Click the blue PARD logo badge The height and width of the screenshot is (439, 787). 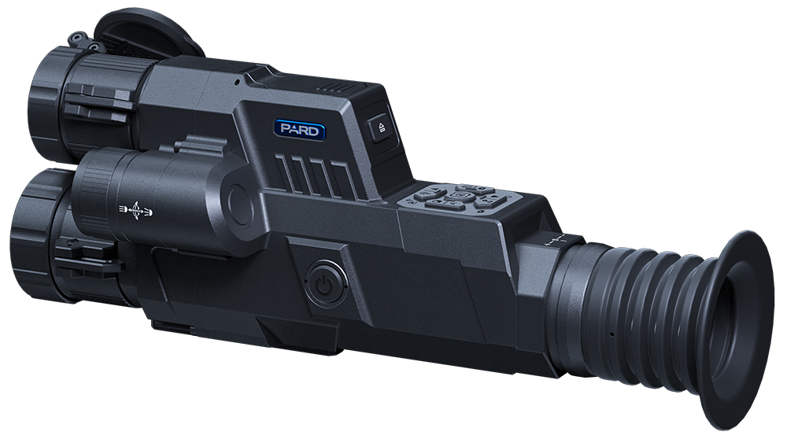pos(299,130)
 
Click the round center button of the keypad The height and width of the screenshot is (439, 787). pos(460,194)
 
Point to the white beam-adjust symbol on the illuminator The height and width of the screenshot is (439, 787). pos(135,211)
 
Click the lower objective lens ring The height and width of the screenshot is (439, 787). pos(36,236)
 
